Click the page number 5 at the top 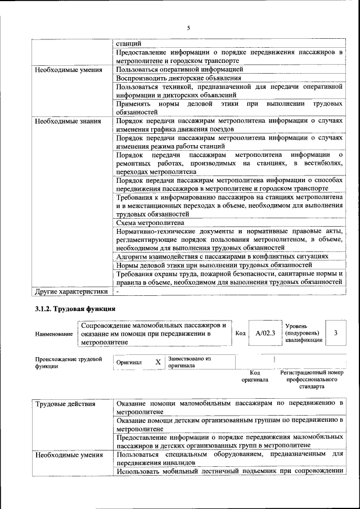tap(188, 28)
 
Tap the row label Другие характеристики tap(71, 292)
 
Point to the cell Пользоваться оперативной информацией tap(179, 69)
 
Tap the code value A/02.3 tap(264, 333)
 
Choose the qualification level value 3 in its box tap(335, 333)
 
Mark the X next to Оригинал tap(158, 362)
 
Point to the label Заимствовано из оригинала tap(189, 362)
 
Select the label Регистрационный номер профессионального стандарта tap(311, 380)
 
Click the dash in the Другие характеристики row tap(118, 292)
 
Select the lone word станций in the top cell tap(129, 43)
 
